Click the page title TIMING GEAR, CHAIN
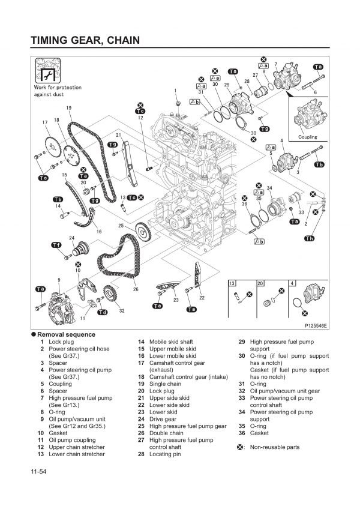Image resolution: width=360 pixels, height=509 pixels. [85, 40]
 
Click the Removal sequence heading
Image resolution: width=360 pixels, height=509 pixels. [66, 334]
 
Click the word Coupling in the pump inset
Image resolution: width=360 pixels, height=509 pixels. [308, 137]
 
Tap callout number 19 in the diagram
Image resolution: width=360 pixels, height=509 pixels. [69, 107]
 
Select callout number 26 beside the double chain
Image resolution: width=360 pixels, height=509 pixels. [136, 289]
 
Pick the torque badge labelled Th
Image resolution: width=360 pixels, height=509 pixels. [309, 238]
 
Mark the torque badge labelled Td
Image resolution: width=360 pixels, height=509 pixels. [102, 312]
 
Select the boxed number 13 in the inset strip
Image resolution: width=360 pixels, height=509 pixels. [232, 283]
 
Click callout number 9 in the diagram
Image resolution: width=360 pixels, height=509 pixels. [59, 280]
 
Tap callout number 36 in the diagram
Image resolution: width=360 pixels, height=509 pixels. [244, 204]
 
